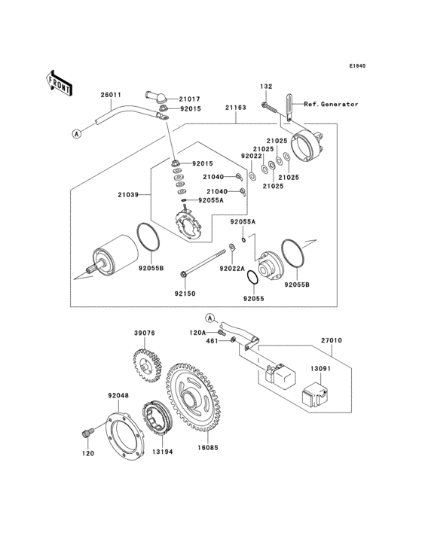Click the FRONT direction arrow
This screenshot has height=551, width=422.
(60, 82)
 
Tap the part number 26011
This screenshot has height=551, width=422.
(111, 95)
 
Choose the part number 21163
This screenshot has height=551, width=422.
(235, 108)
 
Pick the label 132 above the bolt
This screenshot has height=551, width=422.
(266, 87)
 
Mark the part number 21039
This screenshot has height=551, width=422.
(127, 194)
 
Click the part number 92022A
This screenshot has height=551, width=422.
(232, 268)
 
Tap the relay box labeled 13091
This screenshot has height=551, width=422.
(313, 395)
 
